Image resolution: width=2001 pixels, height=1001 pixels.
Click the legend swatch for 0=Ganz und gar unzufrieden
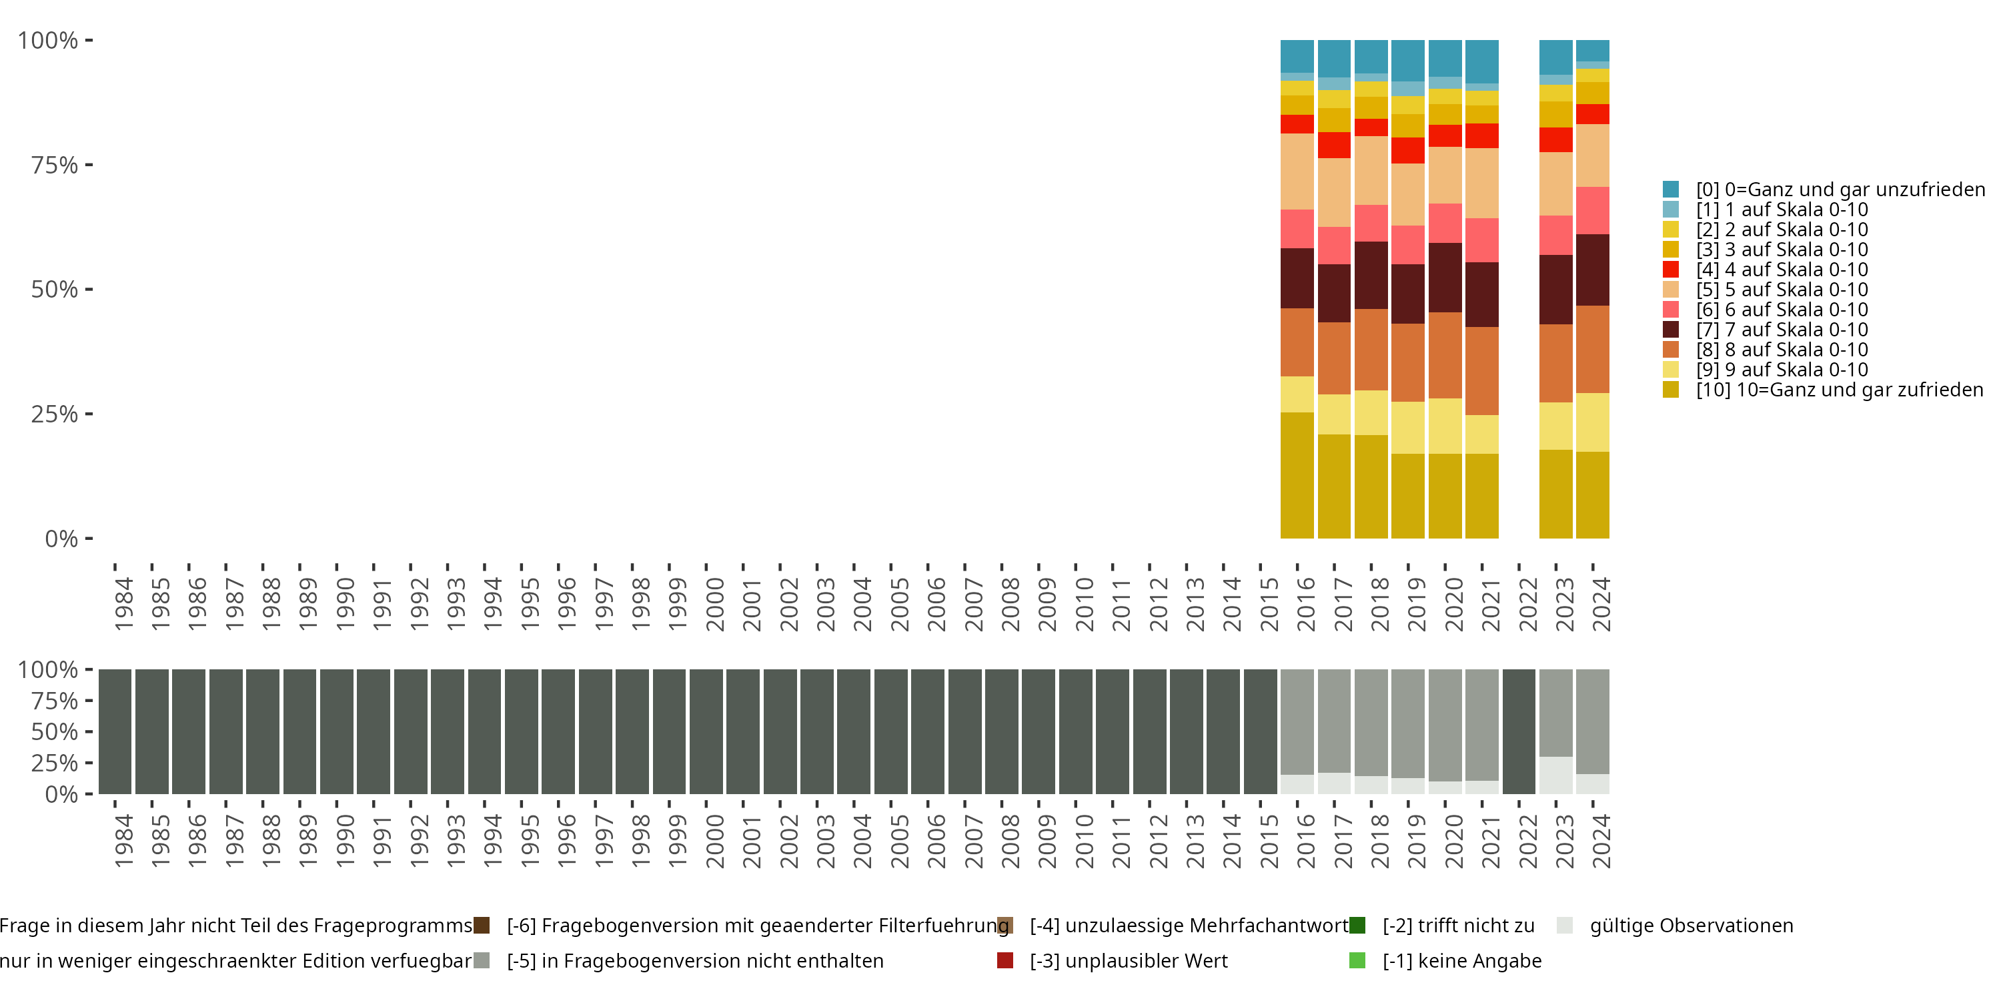click(1670, 190)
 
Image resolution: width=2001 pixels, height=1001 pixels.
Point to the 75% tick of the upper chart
click(89, 165)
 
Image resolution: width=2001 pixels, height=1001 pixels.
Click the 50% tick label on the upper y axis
click(55, 290)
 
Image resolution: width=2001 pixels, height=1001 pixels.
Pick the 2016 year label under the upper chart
click(1306, 604)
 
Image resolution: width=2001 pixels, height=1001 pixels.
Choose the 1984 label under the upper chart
click(123, 604)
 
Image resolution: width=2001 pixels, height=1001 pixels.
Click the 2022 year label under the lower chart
click(1527, 842)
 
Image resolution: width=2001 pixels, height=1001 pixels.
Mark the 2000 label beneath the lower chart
click(714, 842)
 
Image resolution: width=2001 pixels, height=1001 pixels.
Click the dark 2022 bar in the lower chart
click(1519, 731)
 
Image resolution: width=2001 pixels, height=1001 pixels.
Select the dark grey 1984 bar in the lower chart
click(115, 731)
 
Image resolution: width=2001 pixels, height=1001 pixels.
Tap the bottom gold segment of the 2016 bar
click(1297, 476)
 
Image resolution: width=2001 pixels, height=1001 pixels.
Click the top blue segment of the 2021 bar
click(1481, 61)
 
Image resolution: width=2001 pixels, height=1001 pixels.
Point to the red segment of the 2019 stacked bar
click(1407, 150)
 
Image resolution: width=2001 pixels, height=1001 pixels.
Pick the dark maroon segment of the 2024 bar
click(1592, 270)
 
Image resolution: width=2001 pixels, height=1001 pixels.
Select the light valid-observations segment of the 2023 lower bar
click(1556, 775)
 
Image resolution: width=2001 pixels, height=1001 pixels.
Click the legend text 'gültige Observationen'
click(1691, 926)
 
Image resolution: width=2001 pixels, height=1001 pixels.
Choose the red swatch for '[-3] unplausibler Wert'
click(1005, 960)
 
